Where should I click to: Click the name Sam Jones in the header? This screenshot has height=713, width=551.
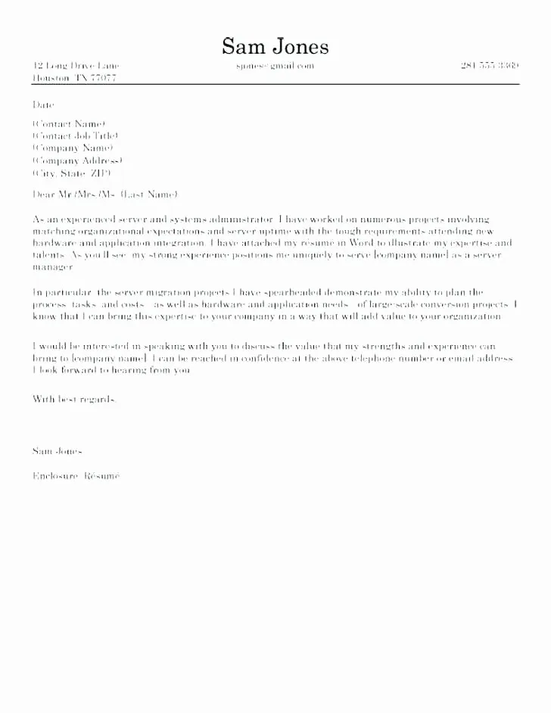click(275, 47)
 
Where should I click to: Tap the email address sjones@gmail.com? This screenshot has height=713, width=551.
click(274, 66)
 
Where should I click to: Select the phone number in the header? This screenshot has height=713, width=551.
click(489, 66)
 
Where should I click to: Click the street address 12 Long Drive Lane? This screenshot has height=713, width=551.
click(76, 66)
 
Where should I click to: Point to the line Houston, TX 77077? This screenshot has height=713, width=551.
click(74, 79)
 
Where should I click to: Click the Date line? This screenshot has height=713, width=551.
click(44, 104)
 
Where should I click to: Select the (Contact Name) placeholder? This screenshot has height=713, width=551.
click(69, 123)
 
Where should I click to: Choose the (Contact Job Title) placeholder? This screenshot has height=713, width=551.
click(76, 135)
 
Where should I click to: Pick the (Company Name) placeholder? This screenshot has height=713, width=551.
click(73, 148)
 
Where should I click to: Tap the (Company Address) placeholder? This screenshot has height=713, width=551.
click(77, 161)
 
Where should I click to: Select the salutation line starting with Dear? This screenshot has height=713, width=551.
click(105, 195)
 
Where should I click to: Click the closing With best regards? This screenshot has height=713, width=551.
click(75, 399)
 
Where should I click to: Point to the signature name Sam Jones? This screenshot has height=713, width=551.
click(58, 450)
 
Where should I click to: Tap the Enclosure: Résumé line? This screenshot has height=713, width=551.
click(76, 476)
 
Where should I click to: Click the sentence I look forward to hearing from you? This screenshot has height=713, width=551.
click(112, 371)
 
